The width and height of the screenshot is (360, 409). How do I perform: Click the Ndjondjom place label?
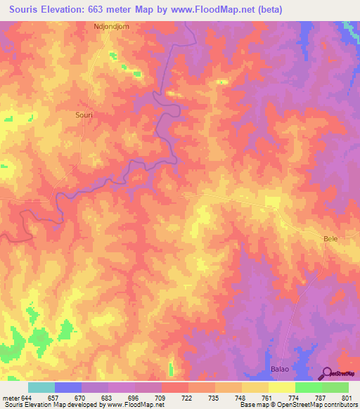pyautogui.click(x=112, y=26)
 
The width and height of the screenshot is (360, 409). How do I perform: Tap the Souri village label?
pyautogui.click(x=84, y=113)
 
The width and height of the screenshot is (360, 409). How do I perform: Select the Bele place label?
pyautogui.click(x=330, y=239)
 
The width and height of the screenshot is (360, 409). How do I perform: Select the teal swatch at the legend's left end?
pyautogui.click(x=41, y=387)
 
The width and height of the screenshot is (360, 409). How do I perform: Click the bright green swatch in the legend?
pyautogui.click(x=309, y=387)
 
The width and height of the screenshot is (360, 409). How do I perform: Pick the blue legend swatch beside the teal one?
pyautogui.click(x=68, y=387)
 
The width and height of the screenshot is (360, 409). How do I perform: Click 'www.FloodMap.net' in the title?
pyautogui.click(x=219, y=9)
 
